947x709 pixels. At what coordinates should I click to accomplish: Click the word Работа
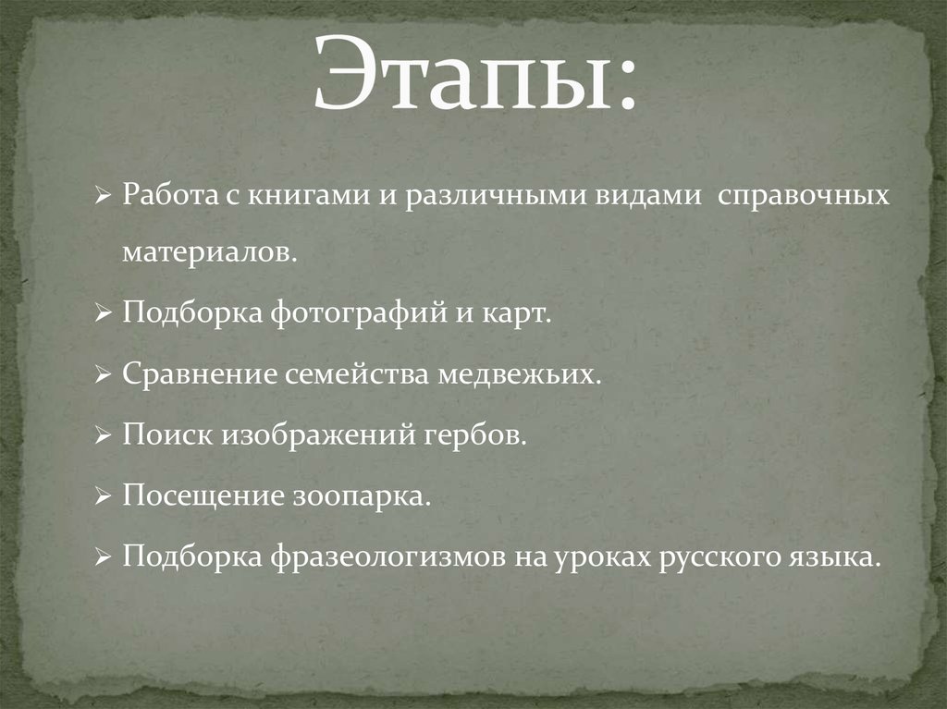[164, 197]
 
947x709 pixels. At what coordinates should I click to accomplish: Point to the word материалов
[210, 253]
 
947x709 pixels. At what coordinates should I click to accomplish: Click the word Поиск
[162, 435]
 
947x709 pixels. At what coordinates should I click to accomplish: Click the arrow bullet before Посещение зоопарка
[103, 497]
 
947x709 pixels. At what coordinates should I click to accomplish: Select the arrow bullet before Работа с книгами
[103, 197]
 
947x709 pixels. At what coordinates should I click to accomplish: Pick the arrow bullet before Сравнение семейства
[103, 376]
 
